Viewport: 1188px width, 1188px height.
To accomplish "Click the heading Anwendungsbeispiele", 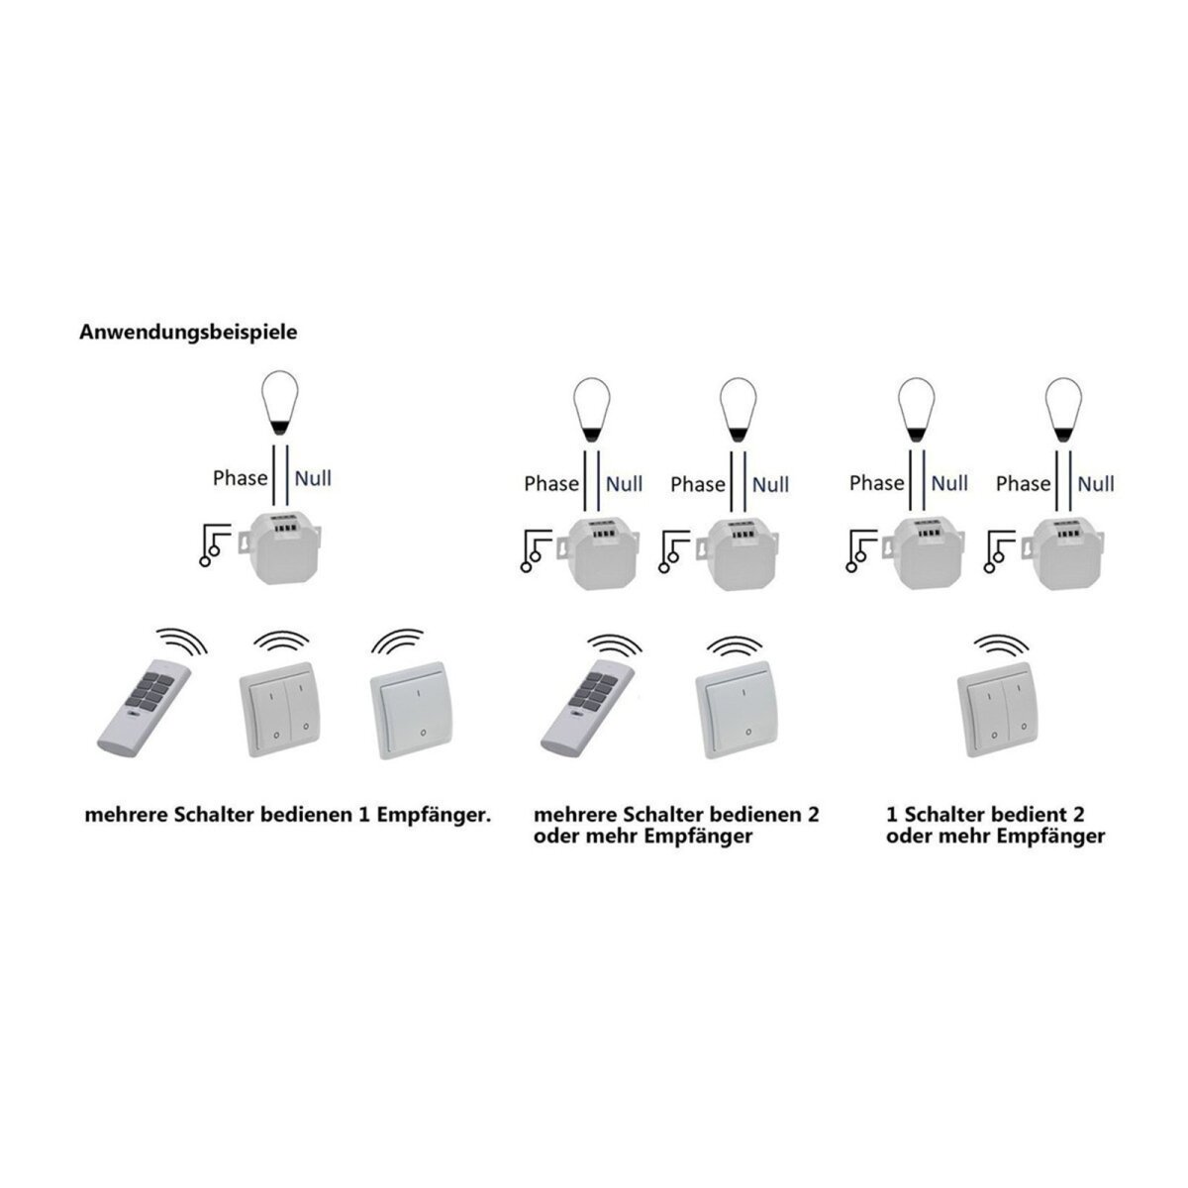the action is click(x=188, y=333).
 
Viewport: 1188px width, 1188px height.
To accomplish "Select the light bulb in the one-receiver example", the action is click(x=280, y=403).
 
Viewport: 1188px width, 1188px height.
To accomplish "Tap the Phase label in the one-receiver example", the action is click(x=240, y=478).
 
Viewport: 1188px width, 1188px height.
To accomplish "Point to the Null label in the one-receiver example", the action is click(x=313, y=478).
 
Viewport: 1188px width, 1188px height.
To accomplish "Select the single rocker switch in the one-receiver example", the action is click(x=411, y=711).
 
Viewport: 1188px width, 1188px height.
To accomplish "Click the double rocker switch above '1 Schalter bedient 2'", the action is click(x=998, y=709).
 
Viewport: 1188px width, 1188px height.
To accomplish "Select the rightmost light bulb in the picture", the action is click(x=1063, y=409).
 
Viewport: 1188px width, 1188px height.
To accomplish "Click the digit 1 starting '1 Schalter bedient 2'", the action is click(x=891, y=815).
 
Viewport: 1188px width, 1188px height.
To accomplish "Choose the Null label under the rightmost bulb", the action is click(x=1096, y=484).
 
